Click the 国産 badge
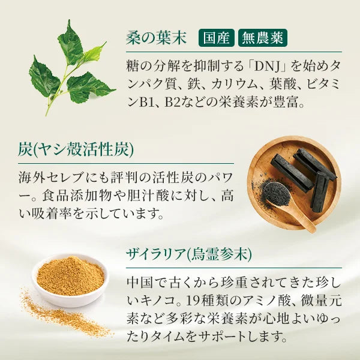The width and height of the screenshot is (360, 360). click(216, 38)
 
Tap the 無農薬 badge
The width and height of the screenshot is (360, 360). click(263, 38)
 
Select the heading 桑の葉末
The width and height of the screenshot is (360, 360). click(156, 38)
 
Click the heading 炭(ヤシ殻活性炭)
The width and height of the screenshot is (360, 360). click(76, 150)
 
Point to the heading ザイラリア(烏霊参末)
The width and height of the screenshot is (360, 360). click(189, 254)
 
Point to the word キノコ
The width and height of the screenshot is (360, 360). click(157, 301)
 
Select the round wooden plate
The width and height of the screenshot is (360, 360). click(294, 183)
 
